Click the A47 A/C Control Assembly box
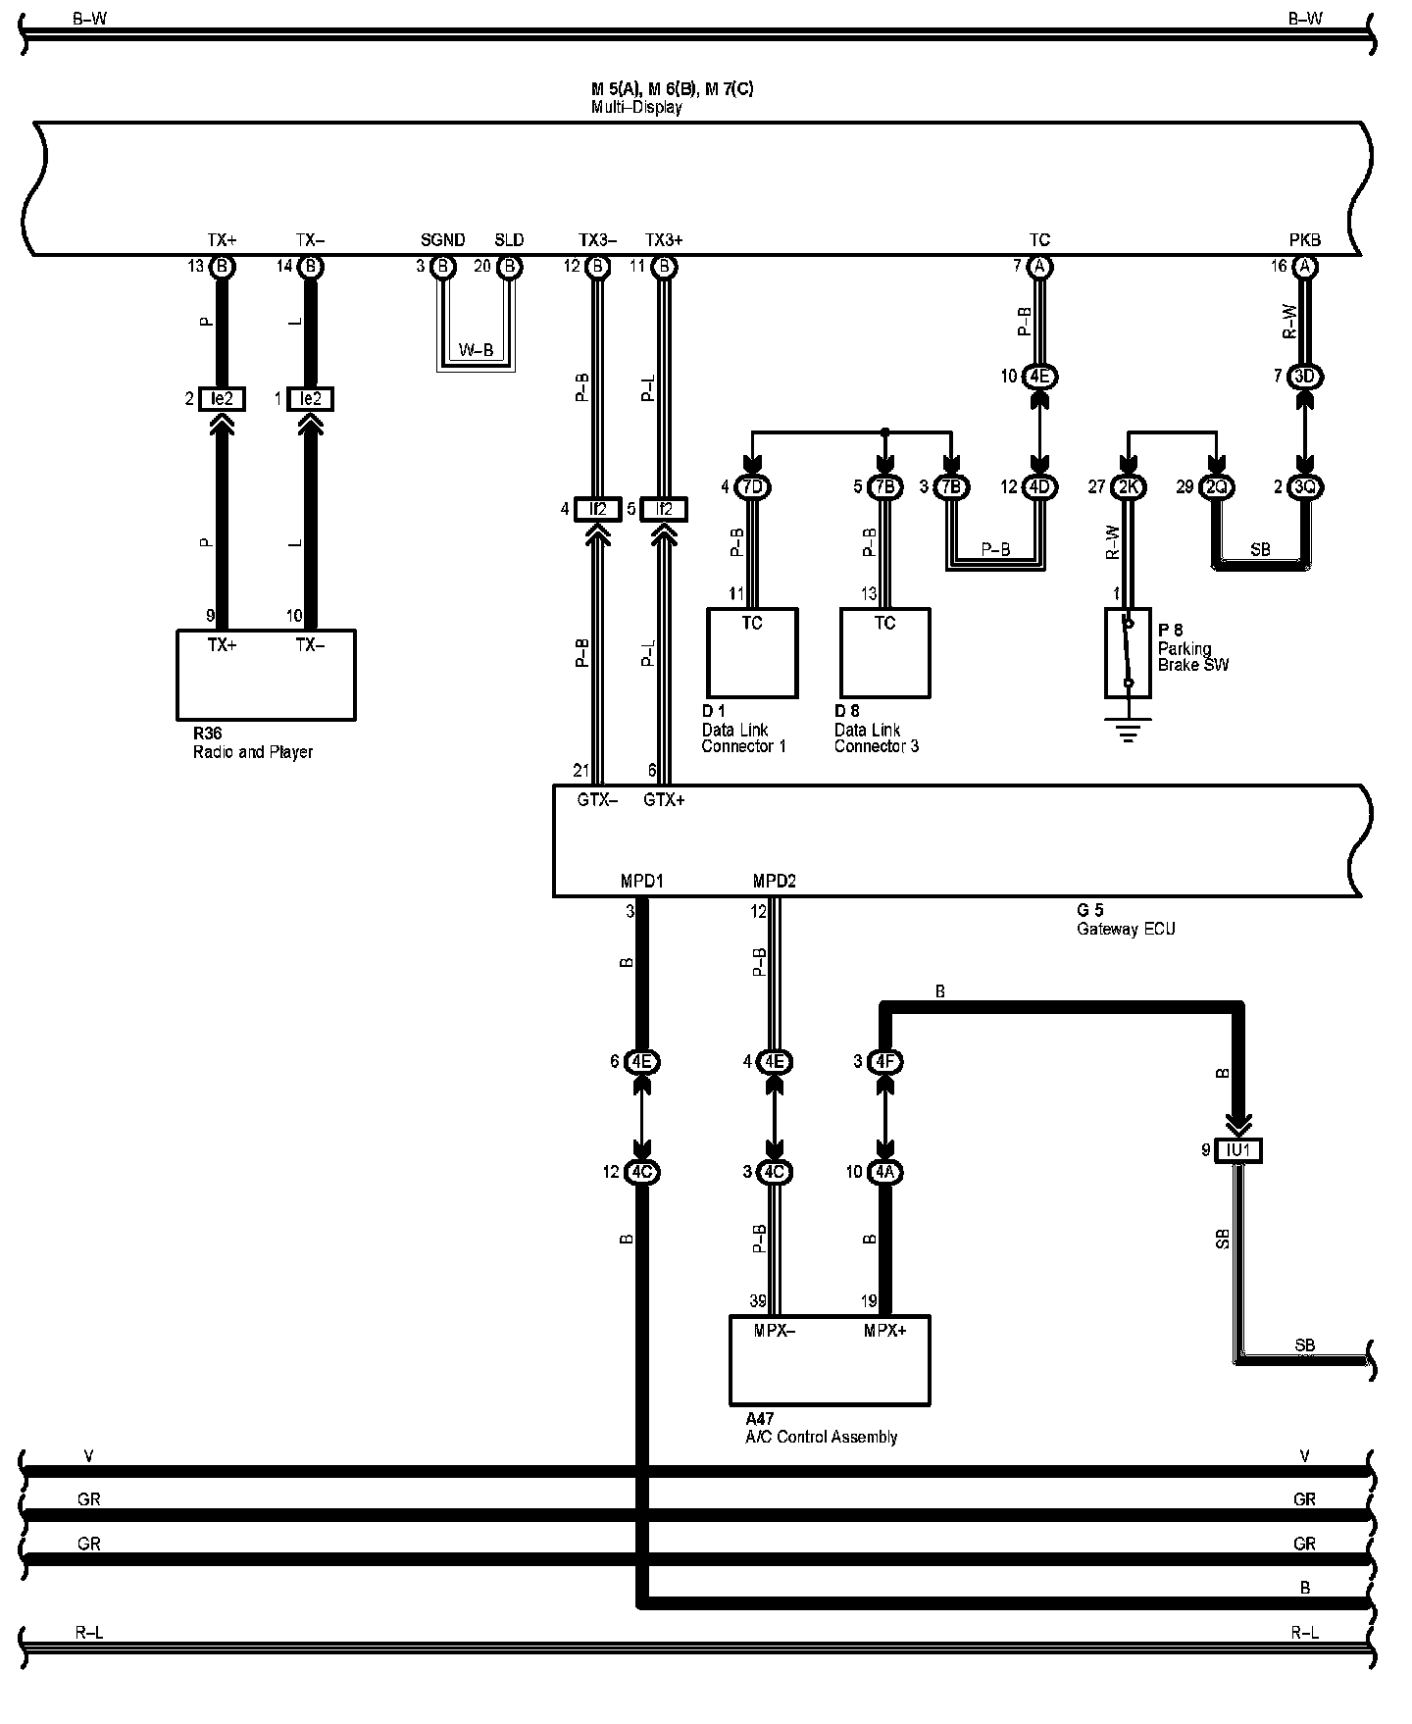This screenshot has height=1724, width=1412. [830, 1360]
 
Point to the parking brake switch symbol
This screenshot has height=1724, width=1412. [1128, 652]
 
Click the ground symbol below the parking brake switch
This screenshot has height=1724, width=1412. [1128, 731]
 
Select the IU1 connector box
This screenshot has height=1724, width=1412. [1237, 1149]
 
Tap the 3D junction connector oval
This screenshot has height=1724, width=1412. [1304, 377]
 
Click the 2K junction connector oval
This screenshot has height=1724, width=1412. [1128, 486]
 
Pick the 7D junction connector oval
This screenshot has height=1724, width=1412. [752, 486]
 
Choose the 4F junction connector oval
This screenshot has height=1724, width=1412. [884, 1061]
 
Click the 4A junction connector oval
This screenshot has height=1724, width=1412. [884, 1172]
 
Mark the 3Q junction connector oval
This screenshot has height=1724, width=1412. [1304, 486]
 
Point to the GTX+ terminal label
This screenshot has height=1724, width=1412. [664, 800]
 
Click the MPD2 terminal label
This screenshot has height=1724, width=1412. [774, 881]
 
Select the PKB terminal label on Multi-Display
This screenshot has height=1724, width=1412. [1304, 240]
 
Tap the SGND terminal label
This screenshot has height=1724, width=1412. [442, 240]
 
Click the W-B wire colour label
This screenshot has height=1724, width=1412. [476, 351]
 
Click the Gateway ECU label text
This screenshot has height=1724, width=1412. [1125, 929]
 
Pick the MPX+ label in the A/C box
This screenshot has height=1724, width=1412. [884, 1331]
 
